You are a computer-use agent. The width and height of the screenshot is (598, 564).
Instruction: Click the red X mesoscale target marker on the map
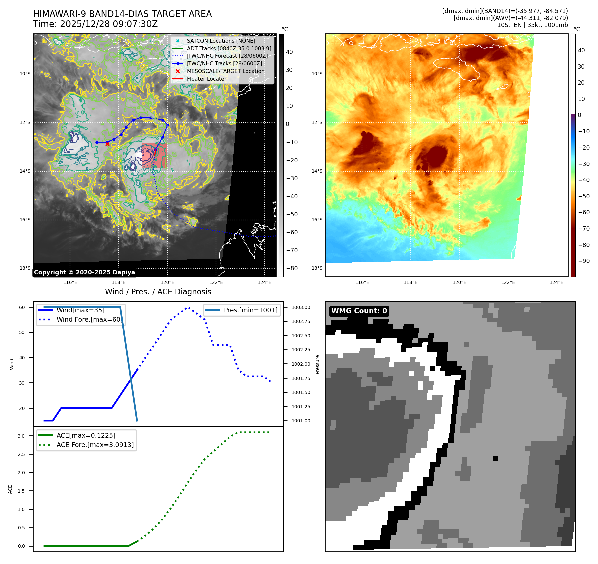click(x=107, y=144)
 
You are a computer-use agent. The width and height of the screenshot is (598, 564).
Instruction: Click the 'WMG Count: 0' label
click(x=359, y=311)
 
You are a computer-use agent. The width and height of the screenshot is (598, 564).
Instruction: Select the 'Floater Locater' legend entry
click(x=206, y=79)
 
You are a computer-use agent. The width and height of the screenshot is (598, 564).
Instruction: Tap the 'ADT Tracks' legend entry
click(x=229, y=49)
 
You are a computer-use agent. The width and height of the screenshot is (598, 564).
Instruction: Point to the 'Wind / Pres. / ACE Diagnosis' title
click(x=158, y=292)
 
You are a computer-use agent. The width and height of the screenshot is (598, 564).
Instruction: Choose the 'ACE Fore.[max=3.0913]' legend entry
click(x=95, y=445)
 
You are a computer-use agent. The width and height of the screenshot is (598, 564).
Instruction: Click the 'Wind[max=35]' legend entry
click(x=80, y=310)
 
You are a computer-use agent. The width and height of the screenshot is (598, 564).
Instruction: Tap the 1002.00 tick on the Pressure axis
click(x=301, y=364)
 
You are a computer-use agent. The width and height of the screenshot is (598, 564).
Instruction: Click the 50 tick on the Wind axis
click(x=22, y=332)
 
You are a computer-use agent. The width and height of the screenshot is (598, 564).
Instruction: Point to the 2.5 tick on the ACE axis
click(x=21, y=454)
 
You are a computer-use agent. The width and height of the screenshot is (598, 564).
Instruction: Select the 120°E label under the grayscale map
click(x=167, y=283)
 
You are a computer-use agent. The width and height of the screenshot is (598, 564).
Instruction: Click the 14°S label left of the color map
click(x=317, y=171)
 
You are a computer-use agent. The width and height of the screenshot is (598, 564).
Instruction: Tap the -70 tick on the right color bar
click(x=584, y=229)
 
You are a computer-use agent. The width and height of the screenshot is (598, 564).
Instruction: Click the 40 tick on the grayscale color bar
click(x=289, y=52)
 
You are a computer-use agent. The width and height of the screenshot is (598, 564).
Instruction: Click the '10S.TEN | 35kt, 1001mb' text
click(x=532, y=25)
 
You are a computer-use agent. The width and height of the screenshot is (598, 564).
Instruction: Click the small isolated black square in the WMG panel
click(x=496, y=459)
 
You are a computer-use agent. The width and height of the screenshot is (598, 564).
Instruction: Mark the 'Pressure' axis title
click(x=317, y=364)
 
